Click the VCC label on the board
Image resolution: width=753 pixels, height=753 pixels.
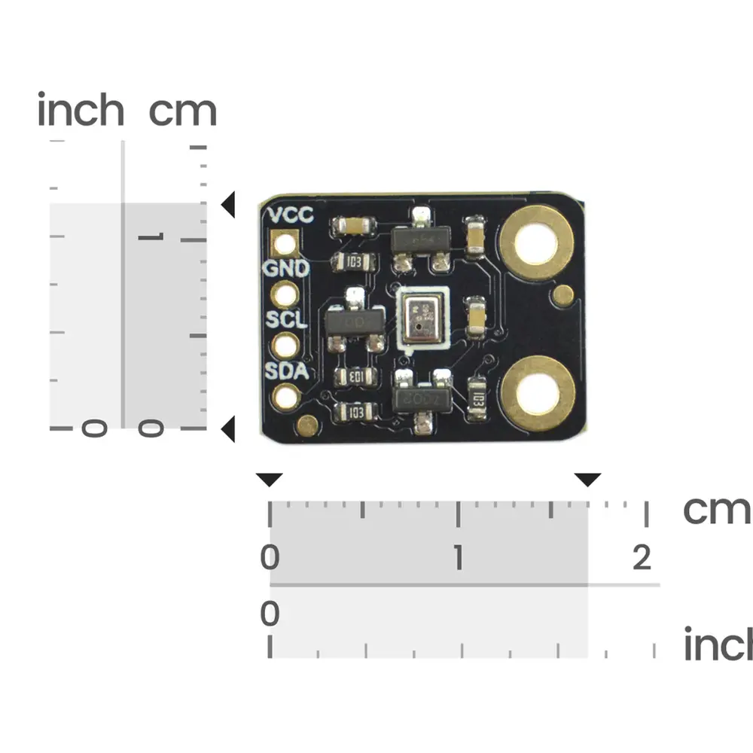point(291,215)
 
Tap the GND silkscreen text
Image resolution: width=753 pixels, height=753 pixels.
point(285,268)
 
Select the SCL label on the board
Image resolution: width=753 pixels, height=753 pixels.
point(286,319)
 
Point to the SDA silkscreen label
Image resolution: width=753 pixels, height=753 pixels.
point(286,370)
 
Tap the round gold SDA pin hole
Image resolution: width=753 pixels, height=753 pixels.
point(286,396)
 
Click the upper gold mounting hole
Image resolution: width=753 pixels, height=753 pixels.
point(538,242)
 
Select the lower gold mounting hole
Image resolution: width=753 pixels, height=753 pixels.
point(538,393)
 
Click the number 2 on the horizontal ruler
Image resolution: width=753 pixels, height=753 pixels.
point(642,559)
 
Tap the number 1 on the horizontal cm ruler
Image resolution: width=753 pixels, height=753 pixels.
point(458,559)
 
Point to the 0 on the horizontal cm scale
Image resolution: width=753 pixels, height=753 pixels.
point(270,559)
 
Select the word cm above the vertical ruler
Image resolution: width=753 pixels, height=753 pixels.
point(182,111)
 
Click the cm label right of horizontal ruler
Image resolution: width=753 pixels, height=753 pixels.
point(716,510)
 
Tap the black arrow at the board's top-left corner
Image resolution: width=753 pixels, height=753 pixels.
point(228,204)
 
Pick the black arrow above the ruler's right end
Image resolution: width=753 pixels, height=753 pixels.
point(587,480)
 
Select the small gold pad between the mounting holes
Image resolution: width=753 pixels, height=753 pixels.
point(562,296)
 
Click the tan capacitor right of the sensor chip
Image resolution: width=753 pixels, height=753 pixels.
point(476,319)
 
